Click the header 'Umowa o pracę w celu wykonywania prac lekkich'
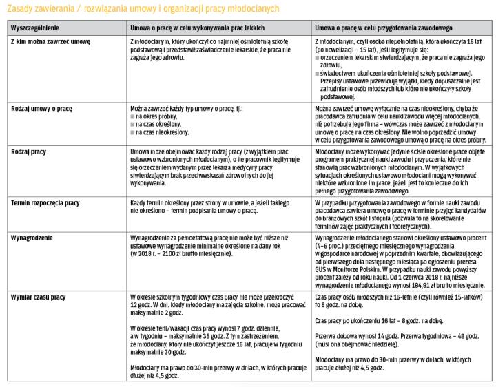(x=198, y=28)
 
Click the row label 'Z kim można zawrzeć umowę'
(x=50, y=41)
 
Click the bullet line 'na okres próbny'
(x=159, y=117)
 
